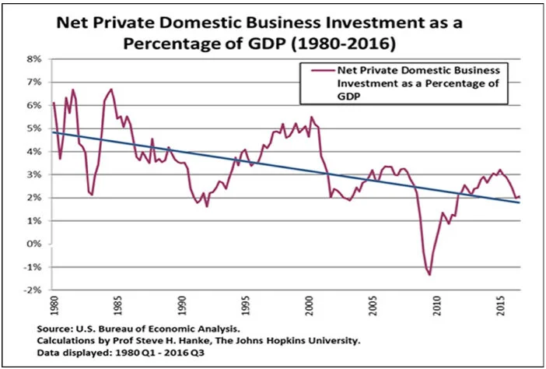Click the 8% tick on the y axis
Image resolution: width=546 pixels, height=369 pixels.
(x=34, y=58)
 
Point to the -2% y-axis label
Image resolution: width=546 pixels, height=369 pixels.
(x=33, y=290)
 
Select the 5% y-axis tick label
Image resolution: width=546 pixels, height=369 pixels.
(x=34, y=128)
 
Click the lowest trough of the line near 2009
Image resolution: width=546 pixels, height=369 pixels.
(x=429, y=275)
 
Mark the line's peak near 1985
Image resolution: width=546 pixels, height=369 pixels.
(x=111, y=89)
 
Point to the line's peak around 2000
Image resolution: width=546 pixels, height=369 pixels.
(x=311, y=117)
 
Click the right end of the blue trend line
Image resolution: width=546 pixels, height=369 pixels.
(x=520, y=202)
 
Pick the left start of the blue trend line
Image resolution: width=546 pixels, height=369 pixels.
(x=53, y=132)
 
